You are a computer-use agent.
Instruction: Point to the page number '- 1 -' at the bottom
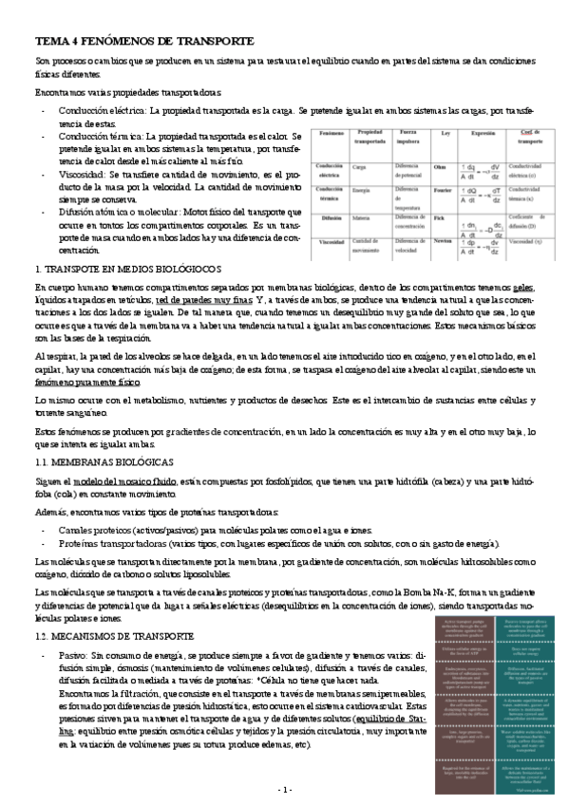coord(285,789)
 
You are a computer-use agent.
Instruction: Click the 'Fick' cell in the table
coord(438,219)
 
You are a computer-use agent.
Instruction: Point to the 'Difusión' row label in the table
coord(330,219)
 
